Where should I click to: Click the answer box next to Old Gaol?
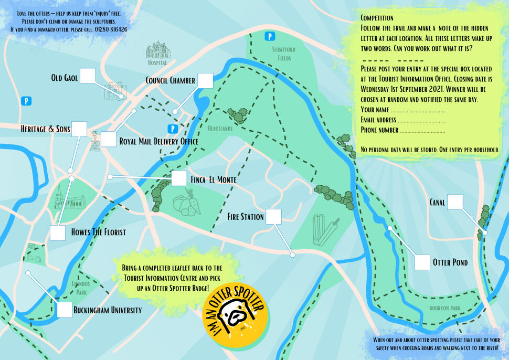[x=88, y=76]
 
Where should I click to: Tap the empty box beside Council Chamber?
[x=205, y=80]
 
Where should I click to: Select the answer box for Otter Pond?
[x=422, y=262]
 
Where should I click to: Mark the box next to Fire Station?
[x=273, y=217]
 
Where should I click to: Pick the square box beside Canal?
[x=455, y=202]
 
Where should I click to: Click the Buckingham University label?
[x=108, y=310]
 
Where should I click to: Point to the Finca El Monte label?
[x=214, y=180]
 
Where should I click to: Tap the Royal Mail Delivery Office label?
[x=158, y=142]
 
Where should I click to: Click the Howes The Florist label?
[x=98, y=232]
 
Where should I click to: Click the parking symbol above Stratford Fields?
[x=270, y=36]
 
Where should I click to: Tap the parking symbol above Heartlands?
[x=171, y=129]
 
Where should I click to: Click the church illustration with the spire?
[x=69, y=197]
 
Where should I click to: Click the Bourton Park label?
[x=444, y=308]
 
